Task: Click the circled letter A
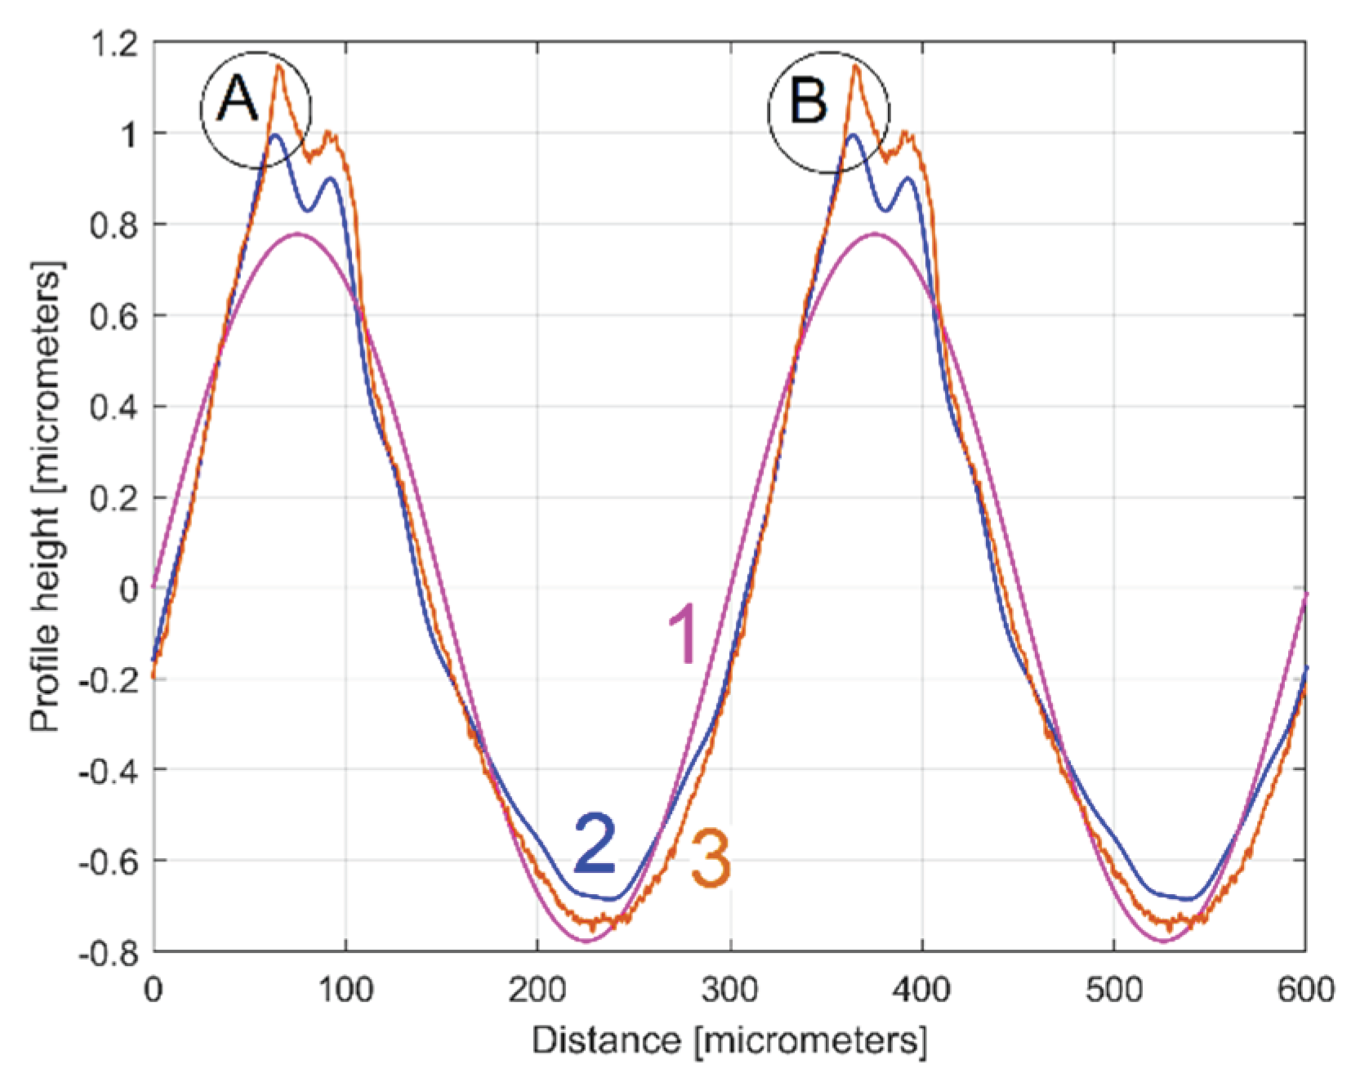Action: tap(238, 101)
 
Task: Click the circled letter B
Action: tap(809, 103)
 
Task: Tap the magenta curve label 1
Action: tap(683, 635)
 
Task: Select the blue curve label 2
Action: tap(595, 844)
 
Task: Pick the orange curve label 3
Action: tap(711, 858)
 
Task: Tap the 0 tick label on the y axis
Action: tap(129, 589)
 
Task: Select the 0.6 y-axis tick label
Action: tap(114, 316)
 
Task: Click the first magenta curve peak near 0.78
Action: tap(298, 234)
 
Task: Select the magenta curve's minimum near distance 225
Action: tap(586, 942)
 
